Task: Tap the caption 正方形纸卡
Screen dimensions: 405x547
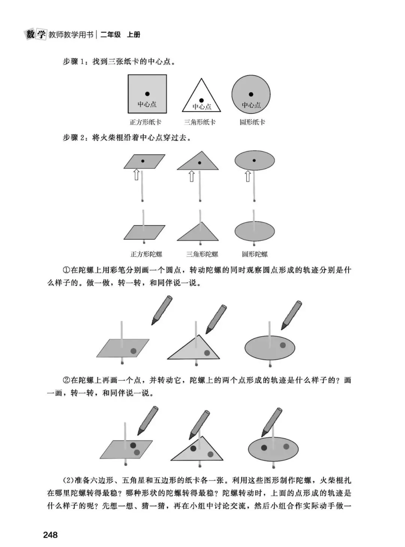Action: tap(145, 122)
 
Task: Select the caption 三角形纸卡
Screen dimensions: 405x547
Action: tap(200, 122)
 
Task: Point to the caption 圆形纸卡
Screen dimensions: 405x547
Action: tap(252, 122)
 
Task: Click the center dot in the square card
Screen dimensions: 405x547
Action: tap(147, 94)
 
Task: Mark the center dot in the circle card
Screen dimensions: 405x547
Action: tap(251, 94)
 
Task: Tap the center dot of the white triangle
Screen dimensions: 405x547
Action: tap(201, 100)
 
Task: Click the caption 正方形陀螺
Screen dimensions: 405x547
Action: tap(146, 254)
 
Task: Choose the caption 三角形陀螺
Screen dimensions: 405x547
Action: tap(202, 254)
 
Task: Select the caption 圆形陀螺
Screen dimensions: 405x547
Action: tap(255, 254)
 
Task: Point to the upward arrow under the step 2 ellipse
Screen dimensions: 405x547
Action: tap(248, 176)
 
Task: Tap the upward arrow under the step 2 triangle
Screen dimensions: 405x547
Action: tap(192, 176)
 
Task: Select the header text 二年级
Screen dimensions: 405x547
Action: tap(111, 35)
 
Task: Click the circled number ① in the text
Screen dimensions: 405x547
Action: tap(66, 270)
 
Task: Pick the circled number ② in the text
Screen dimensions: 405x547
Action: tap(66, 380)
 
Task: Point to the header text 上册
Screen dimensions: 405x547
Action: tap(133, 35)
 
